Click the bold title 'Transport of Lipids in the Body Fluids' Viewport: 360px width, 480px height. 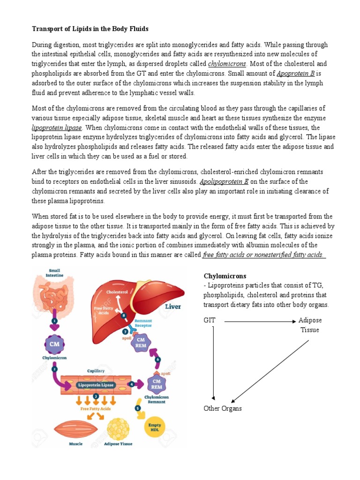tap(90, 29)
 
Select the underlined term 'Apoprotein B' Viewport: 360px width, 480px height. tap(296, 74)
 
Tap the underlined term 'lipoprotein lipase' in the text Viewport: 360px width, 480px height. tap(57, 128)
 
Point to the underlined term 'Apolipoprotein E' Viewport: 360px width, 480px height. tap(224, 181)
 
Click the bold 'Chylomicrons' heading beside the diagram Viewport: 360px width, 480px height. tap(225, 276)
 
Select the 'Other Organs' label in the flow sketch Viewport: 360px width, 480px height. tap(223, 408)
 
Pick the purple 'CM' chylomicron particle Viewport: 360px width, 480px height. tap(54, 344)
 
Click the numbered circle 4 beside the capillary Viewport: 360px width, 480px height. tap(132, 384)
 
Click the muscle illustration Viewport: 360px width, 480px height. tap(75, 429)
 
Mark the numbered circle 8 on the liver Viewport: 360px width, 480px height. tap(124, 315)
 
